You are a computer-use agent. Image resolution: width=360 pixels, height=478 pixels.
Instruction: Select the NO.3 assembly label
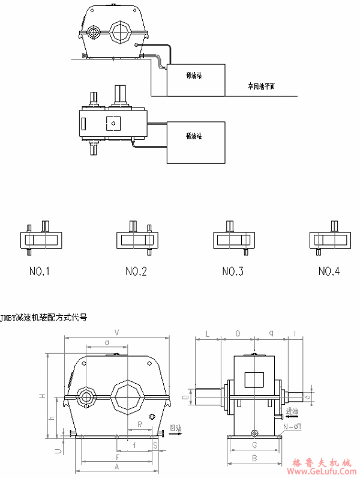(x=232, y=271)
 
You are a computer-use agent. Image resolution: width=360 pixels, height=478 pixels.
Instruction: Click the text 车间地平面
(x=261, y=86)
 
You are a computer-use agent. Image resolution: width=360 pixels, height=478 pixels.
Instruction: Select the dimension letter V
(x=116, y=332)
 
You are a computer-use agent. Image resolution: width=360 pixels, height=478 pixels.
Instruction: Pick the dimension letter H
(x=41, y=396)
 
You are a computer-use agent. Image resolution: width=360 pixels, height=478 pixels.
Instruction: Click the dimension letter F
(x=116, y=457)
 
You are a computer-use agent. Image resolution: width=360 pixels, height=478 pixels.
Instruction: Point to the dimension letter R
(x=139, y=424)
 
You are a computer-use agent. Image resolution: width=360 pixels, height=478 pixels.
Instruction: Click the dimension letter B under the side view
(x=254, y=458)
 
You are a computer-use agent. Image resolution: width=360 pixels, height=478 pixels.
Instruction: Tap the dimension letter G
(x=254, y=446)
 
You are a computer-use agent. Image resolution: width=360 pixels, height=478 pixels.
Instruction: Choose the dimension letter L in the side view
(x=207, y=332)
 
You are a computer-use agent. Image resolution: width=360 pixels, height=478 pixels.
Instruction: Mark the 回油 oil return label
(x=175, y=428)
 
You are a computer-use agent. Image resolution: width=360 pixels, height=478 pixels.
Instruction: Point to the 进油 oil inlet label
(x=292, y=411)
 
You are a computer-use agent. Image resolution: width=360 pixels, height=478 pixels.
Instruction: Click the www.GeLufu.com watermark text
(x=325, y=471)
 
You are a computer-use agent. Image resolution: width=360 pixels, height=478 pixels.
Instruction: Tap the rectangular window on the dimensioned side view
(x=254, y=380)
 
